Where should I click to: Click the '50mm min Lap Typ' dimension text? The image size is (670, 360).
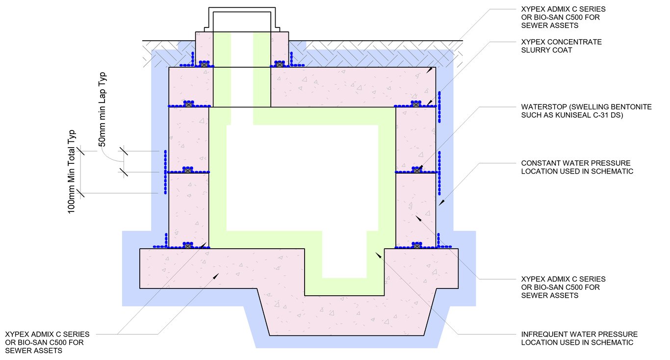tap(103, 109)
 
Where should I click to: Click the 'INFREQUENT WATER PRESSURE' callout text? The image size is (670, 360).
tap(579, 334)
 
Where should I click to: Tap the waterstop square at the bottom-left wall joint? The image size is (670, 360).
tap(187, 246)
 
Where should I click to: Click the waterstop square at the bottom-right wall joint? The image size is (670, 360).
tap(417, 246)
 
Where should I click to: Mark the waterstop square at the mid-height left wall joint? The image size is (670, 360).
tap(187, 171)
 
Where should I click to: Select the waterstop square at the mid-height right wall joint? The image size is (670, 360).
tap(417, 171)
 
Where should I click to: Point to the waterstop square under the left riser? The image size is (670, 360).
tap(204, 65)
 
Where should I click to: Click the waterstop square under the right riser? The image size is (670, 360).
tap(279, 65)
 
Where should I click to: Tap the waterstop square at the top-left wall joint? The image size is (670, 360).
tap(188, 104)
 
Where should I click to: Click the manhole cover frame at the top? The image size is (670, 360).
tap(241, 20)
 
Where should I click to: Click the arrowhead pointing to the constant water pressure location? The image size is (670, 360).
tap(440, 202)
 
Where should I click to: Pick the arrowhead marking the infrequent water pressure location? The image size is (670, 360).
tap(378, 256)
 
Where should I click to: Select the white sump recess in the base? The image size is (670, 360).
tap(344, 260)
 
